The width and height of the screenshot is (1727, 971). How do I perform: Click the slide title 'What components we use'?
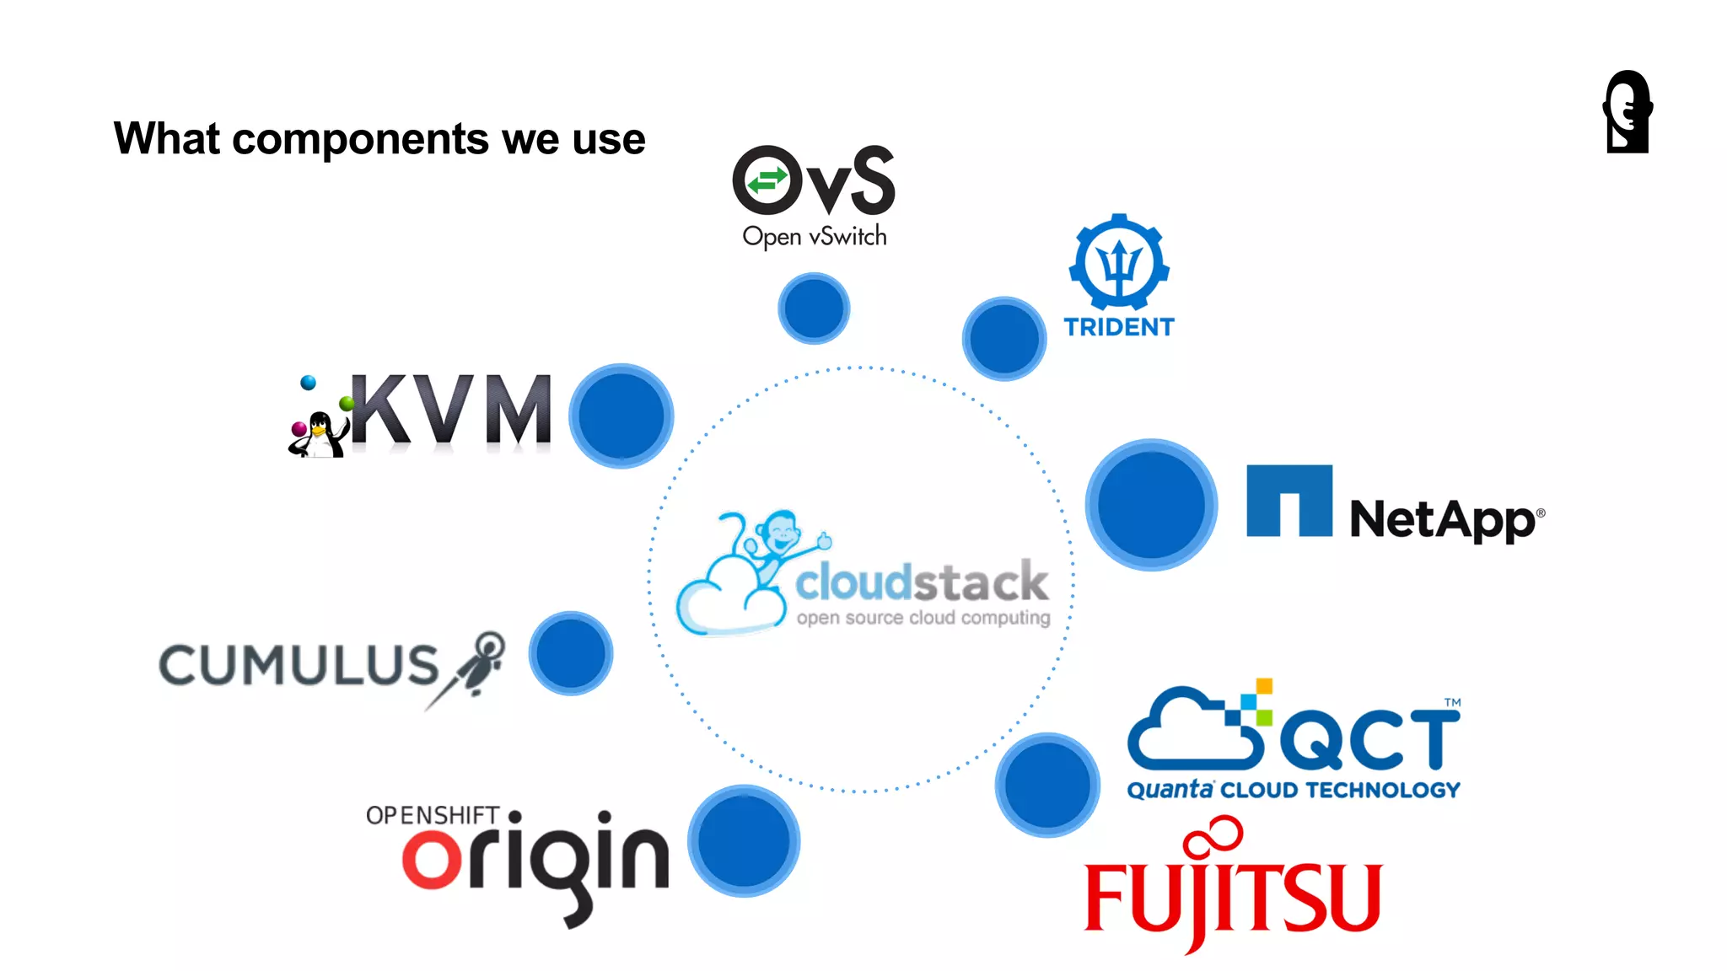point(379,139)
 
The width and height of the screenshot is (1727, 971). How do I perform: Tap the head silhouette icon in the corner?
point(1627,112)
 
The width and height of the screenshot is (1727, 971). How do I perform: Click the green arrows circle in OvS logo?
point(767,180)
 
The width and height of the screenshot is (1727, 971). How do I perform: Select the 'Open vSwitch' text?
point(814,237)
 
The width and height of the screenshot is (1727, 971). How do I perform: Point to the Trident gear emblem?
point(1119,263)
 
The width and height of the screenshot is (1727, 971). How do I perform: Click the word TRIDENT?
point(1119,327)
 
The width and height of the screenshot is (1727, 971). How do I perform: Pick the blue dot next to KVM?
point(621,416)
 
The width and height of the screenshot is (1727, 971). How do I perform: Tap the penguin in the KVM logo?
point(318,432)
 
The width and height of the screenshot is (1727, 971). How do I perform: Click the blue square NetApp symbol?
point(1289,501)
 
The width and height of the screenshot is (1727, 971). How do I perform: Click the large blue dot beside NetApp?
point(1151,505)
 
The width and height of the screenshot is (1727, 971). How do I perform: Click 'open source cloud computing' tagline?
point(923,618)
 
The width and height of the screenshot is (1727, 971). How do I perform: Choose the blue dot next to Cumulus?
point(571,653)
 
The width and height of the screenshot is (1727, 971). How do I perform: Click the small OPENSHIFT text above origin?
point(432,815)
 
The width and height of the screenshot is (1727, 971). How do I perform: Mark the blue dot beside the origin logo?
point(744,840)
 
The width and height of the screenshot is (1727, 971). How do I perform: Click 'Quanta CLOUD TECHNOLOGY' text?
point(1294,790)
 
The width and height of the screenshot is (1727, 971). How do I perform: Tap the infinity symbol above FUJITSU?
point(1214,834)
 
